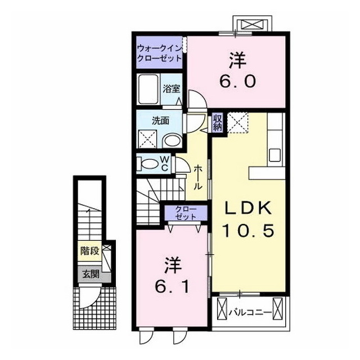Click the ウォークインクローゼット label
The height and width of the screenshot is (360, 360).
click(x=159, y=53)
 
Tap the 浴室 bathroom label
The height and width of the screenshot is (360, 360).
click(x=171, y=89)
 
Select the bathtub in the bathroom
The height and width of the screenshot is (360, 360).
click(x=148, y=89)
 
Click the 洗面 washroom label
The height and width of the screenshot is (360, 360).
click(x=161, y=120)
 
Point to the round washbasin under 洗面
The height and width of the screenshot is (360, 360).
click(x=173, y=141)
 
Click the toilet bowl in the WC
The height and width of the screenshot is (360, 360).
click(x=147, y=164)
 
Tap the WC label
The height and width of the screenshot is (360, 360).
click(x=165, y=163)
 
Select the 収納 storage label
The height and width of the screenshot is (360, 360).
click(x=217, y=122)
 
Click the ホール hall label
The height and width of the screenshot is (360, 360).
click(x=198, y=177)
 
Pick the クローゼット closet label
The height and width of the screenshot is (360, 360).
click(x=186, y=213)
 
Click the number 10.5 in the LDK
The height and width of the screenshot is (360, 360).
click(x=249, y=231)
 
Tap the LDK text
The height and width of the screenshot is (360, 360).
click(x=249, y=209)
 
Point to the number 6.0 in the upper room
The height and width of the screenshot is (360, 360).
click(x=237, y=81)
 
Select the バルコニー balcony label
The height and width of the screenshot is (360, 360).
click(x=250, y=312)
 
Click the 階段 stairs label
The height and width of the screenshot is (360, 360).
click(x=89, y=251)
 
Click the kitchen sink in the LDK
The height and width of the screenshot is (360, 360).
click(x=275, y=155)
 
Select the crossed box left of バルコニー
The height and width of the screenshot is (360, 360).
click(x=222, y=308)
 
